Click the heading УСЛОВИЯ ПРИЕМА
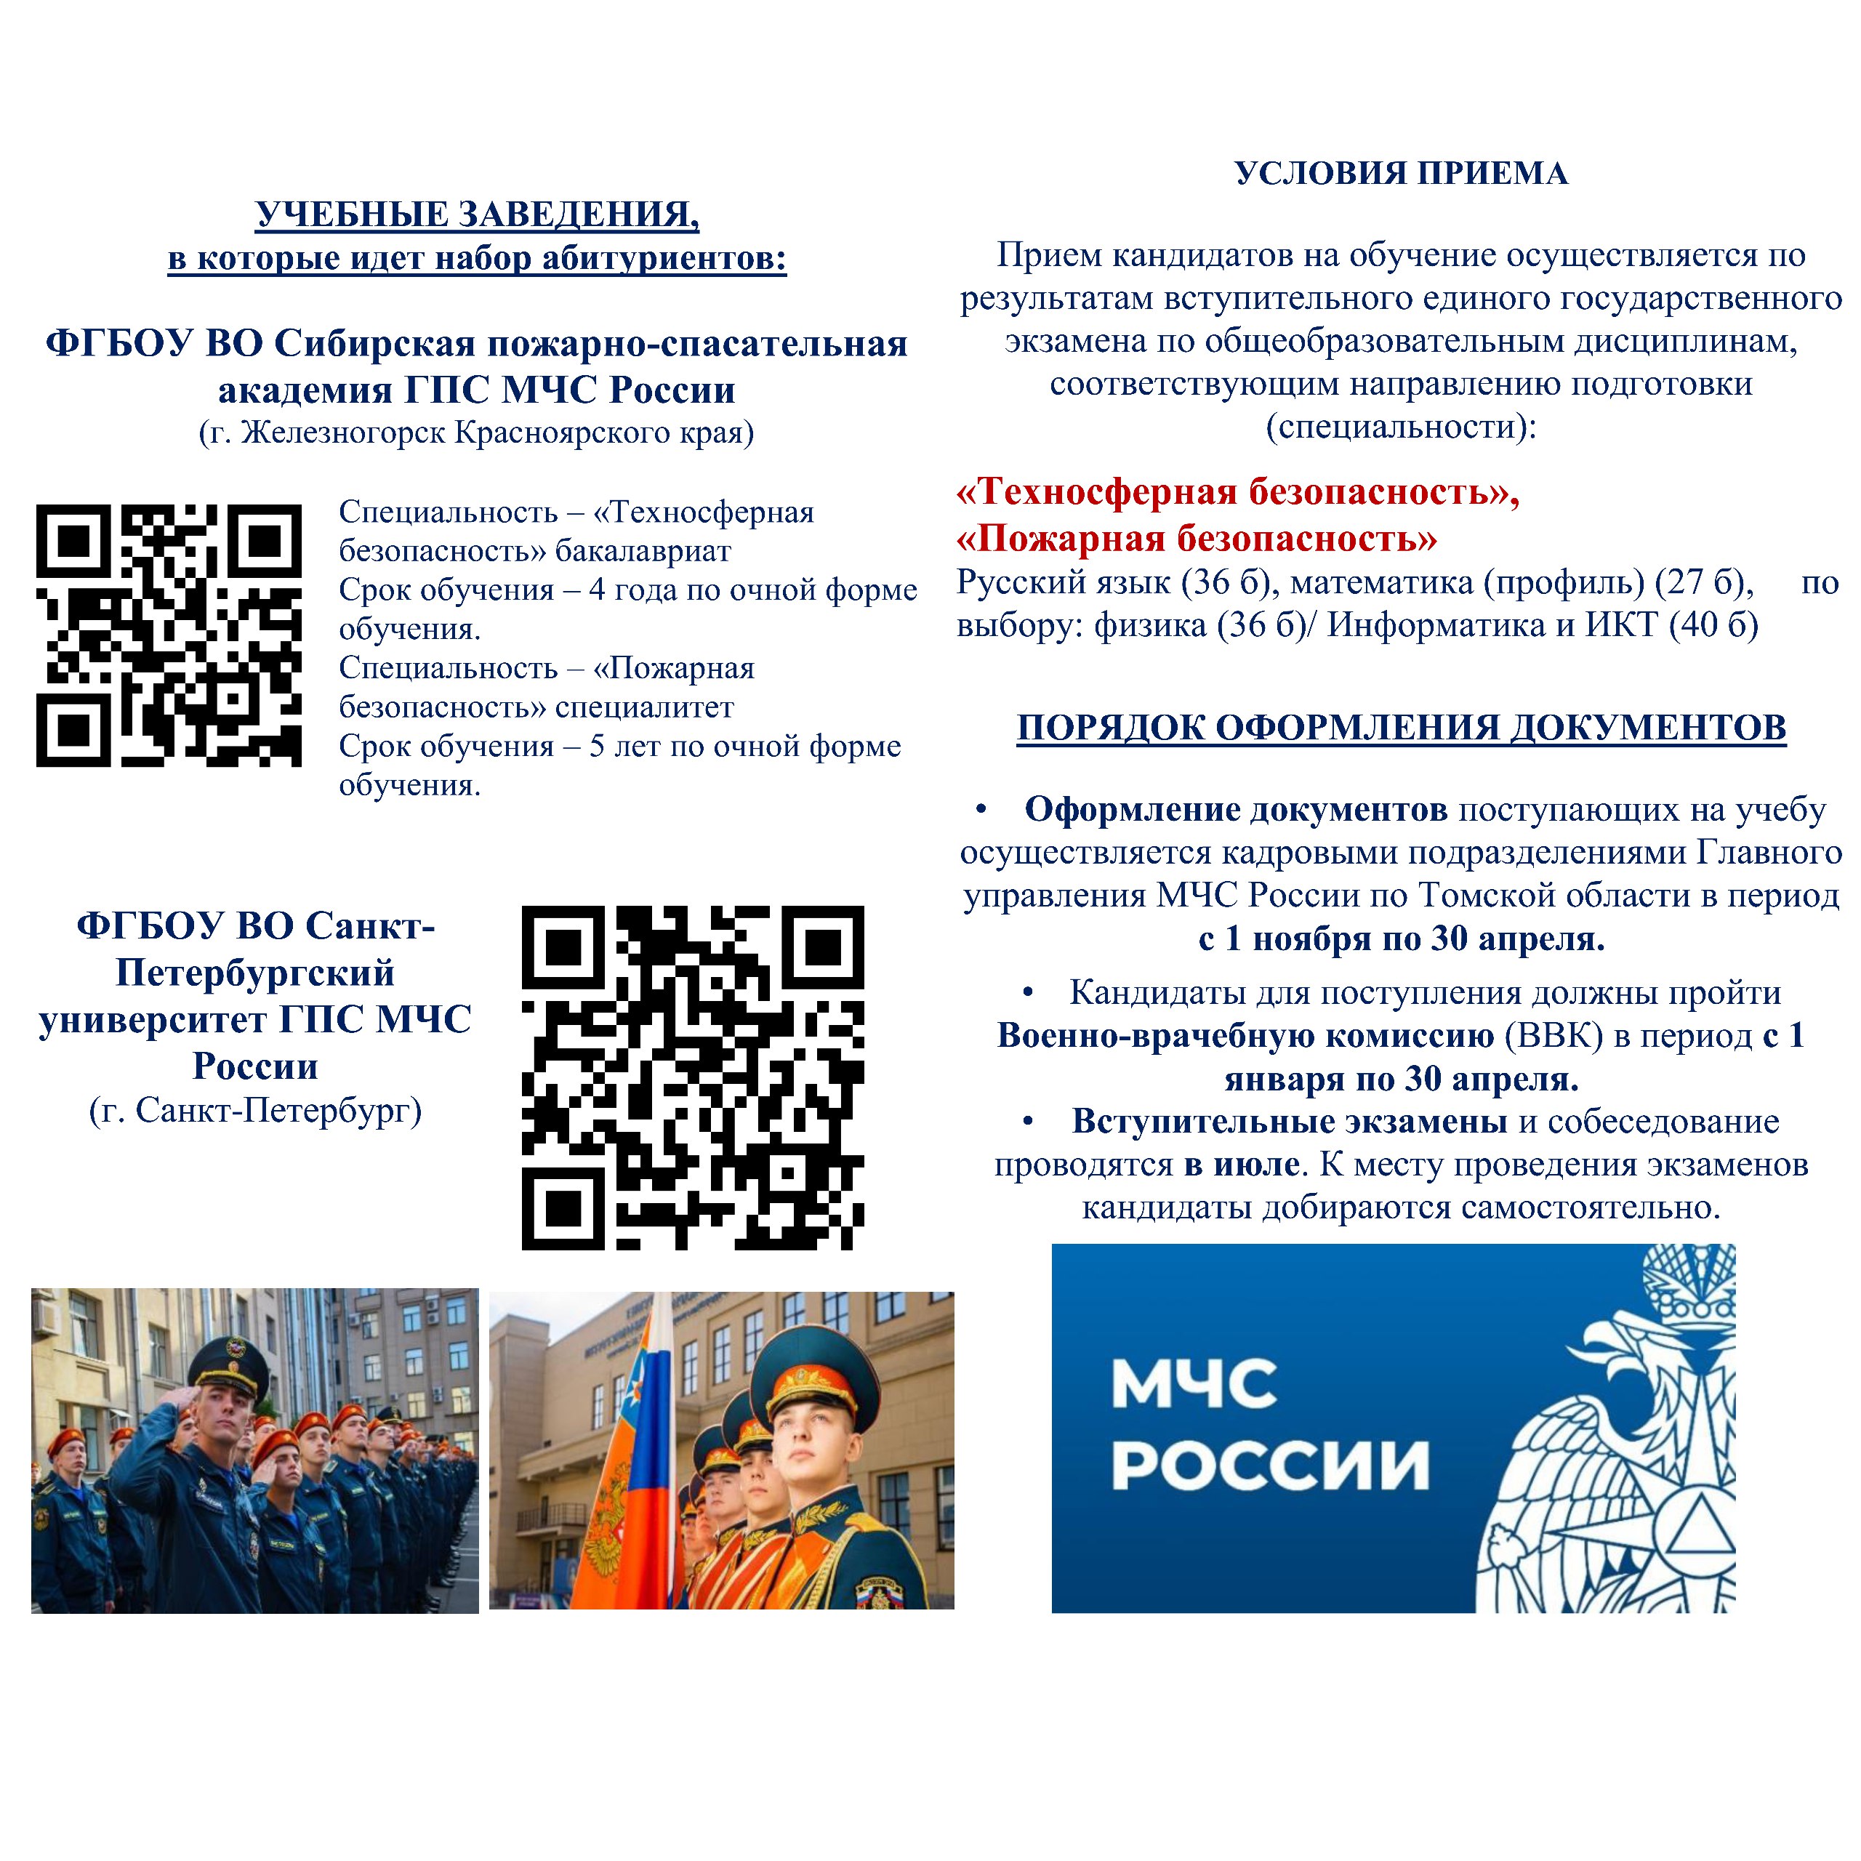click(1401, 174)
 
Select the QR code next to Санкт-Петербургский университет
click(693, 1076)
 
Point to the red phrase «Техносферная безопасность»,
click(1237, 492)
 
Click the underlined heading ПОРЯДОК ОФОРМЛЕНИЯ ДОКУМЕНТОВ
click(1401, 728)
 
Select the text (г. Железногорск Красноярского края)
click(476, 433)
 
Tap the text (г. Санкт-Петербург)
click(255, 1111)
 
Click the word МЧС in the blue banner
click(1194, 1384)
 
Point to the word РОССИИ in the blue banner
click(1269, 1466)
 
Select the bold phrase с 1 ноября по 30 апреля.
click(1401, 938)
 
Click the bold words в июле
click(1242, 1165)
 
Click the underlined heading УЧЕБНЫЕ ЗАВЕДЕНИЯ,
click(477, 214)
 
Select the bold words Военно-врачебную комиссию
click(1245, 1035)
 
